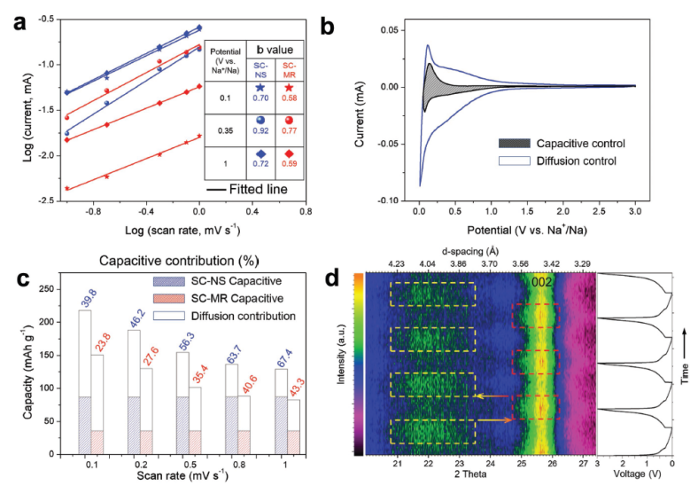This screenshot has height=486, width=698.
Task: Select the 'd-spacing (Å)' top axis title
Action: click(x=491, y=251)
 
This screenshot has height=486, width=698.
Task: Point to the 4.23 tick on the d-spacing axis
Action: click(x=399, y=263)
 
